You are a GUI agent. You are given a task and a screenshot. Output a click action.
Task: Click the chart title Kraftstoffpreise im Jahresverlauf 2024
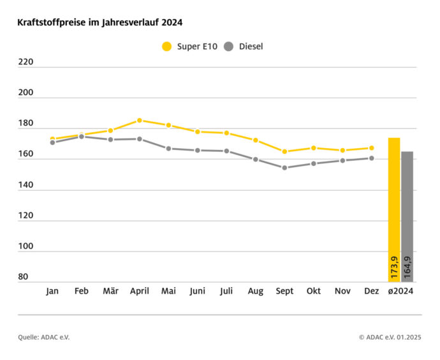coord(100,22)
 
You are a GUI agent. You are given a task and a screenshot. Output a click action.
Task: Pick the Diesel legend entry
coord(244,46)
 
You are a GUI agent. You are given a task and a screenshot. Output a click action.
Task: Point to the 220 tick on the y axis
coord(26,63)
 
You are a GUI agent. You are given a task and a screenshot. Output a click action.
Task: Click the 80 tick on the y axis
coord(24,277)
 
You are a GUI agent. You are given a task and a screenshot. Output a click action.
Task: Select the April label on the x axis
coord(140,291)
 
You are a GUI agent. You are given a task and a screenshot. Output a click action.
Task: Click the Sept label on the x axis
coord(284,291)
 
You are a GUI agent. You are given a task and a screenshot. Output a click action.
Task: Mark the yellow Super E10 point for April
coord(140,120)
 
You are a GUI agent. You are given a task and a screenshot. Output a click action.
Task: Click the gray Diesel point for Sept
coord(284,168)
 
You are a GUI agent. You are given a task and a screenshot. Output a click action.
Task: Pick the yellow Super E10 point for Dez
coord(371,148)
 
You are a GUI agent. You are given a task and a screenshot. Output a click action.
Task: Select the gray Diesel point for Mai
coord(168,148)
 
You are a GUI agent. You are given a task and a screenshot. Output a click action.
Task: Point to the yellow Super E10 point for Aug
coord(255,140)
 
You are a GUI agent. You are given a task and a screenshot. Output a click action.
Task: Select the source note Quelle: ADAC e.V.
coord(44,337)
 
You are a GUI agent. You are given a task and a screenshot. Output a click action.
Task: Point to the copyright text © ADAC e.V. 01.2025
coord(390,337)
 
